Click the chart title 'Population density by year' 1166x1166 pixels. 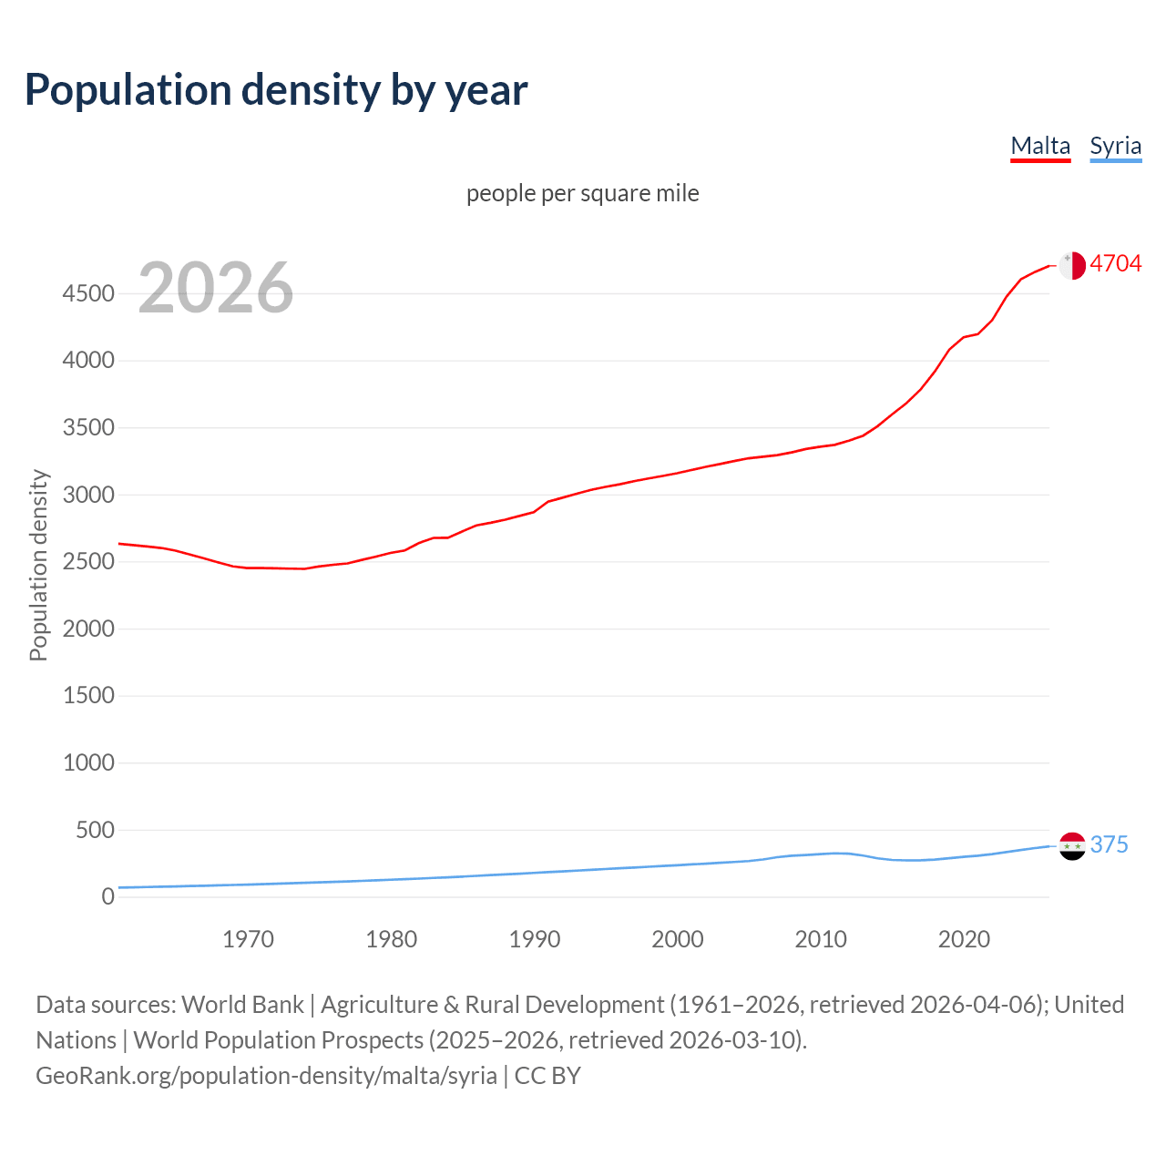(276, 90)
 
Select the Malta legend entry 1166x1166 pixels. (1040, 146)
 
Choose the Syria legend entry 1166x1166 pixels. (1115, 146)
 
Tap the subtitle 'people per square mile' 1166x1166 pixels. (582, 193)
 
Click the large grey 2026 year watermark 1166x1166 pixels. (216, 288)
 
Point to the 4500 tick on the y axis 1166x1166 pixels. (88, 293)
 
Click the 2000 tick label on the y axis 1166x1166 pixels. (88, 629)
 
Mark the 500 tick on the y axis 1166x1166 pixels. (95, 830)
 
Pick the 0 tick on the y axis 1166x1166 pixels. (107, 896)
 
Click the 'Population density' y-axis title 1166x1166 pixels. (38, 565)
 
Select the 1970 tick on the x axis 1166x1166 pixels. (248, 939)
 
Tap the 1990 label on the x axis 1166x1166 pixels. (535, 939)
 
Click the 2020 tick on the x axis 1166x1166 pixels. (964, 939)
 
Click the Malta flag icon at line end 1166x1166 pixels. (1072, 265)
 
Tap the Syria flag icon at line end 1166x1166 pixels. (1072, 846)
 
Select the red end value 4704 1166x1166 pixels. (1115, 263)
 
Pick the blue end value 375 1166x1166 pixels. (1109, 844)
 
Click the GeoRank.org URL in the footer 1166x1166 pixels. (266, 1076)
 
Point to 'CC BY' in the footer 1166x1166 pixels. (547, 1076)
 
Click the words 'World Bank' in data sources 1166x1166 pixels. (242, 1005)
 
